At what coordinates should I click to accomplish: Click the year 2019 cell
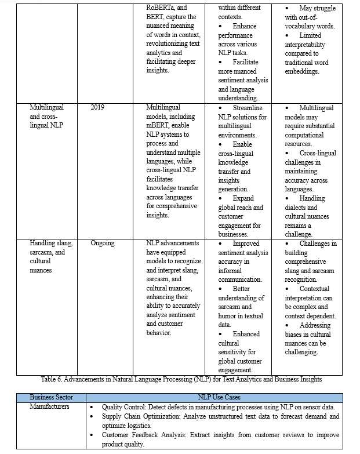[97, 108]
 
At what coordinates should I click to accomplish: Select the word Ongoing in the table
[103, 244]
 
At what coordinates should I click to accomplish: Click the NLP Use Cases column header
[219, 397]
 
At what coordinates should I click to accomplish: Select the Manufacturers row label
[50, 406]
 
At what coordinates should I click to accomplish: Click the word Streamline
[248, 108]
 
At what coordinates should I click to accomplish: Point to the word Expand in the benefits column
[243, 198]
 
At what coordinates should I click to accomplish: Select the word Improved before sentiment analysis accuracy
[246, 244]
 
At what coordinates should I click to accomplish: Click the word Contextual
[314, 289]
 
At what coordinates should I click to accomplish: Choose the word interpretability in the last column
[306, 45]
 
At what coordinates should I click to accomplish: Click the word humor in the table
[227, 316]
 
